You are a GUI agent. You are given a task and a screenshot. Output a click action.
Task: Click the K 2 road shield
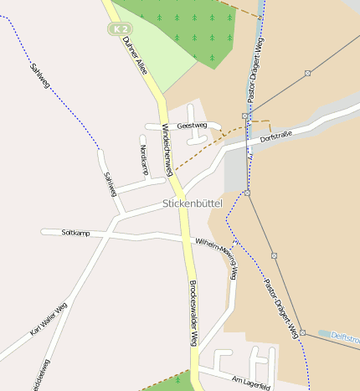[118, 28]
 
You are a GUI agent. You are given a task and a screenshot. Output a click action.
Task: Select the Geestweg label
[192, 126]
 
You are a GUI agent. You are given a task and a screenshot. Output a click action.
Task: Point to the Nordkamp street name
[144, 160]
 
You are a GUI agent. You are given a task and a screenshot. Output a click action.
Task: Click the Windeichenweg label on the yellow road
[167, 150]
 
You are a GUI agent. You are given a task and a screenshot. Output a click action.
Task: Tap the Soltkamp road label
[75, 232]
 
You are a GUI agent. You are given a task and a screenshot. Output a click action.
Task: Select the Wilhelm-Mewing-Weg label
[217, 251]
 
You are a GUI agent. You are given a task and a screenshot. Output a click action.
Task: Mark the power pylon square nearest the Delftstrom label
[302, 332]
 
